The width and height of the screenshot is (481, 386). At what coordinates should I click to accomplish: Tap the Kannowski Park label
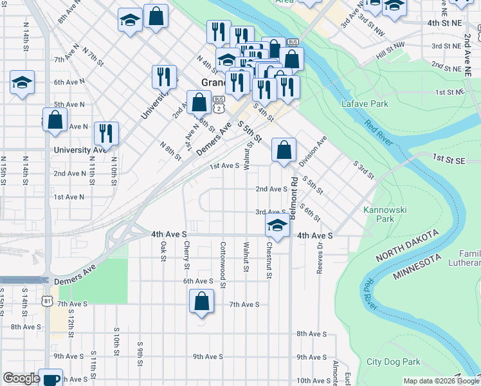click(x=378, y=214)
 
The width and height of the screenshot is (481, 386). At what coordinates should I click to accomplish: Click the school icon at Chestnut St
click(x=277, y=225)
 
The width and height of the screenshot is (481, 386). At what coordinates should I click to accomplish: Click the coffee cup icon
click(x=50, y=378)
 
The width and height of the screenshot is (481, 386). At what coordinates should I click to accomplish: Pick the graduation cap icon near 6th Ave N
click(x=22, y=82)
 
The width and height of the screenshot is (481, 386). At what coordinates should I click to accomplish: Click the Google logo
click(x=21, y=378)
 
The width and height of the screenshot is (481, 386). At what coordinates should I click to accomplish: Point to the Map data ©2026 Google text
click(x=440, y=381)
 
